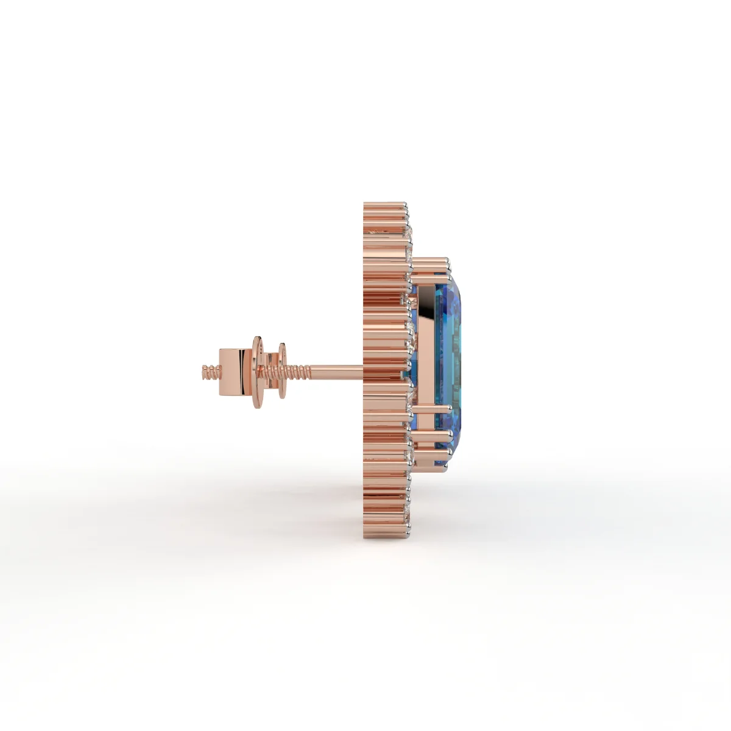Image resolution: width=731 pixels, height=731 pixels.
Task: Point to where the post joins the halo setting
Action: pyautogui.click(x=364, y=368)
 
